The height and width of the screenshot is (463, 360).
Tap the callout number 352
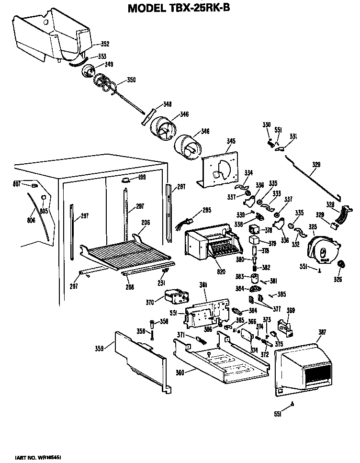(104, 44)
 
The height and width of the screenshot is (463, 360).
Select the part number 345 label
(231, 141)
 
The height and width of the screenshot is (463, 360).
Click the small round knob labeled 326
(342, 265)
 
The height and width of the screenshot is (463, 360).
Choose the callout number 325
(313, 226)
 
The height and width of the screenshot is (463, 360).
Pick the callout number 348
(167, 104)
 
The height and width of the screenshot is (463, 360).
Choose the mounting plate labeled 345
(219, 168)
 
